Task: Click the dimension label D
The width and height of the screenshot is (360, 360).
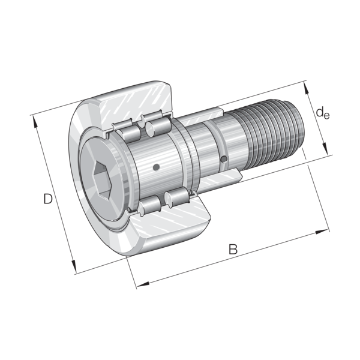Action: tap(48, 199)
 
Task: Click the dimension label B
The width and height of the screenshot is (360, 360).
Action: tap(233, 249)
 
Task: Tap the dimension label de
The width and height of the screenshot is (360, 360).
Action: tap(323, 113)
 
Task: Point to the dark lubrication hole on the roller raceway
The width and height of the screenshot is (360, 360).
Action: tap(156, 167)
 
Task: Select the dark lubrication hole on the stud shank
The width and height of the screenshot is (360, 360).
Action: tap(224, 159)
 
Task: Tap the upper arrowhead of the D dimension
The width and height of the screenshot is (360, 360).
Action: tap(35, 121)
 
